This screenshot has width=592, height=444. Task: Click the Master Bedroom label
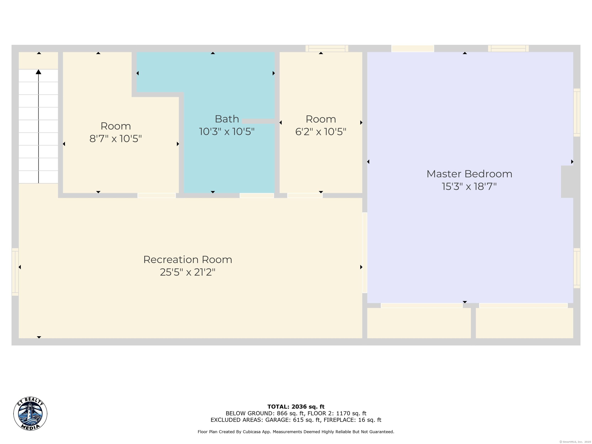(x=469, y=174)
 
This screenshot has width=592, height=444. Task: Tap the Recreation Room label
(x=188, y=260)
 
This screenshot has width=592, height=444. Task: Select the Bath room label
(x=227, y=119)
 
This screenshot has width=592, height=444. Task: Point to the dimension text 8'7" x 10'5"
(x=115, y=139)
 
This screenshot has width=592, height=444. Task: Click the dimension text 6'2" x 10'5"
(x=321, y=132)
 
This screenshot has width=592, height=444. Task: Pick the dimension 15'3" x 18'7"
(x=469, y=186)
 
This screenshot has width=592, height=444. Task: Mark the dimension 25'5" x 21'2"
(x=188, y=272)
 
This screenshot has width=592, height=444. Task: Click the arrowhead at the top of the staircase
(x=39, y=72)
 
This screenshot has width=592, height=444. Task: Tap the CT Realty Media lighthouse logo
(x=30, y=414)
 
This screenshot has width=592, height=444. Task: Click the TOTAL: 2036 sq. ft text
(x=296, y=407)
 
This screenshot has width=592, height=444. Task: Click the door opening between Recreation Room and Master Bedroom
(x=365, y=253)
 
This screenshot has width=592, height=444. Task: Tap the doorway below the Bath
(x=257, y=196)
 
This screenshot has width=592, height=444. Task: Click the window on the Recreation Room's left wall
(x=15, y=272)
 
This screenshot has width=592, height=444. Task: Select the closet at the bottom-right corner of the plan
(x=524, y=323)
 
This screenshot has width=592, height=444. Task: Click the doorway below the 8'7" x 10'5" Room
(x=156, y=196)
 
